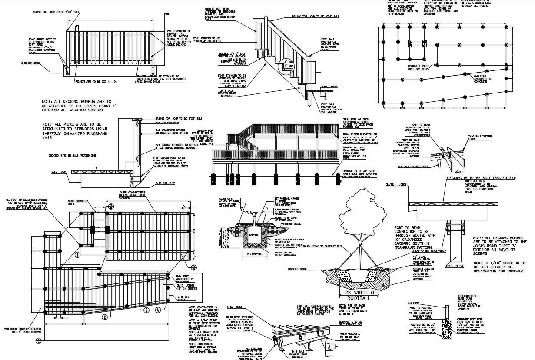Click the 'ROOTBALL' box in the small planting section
click(x=254, y=235)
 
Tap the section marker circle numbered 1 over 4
click(x=39, y=341)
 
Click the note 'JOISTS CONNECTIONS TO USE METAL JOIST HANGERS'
click(x=131, y=194)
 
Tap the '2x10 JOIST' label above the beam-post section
click(x=395, y=185)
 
